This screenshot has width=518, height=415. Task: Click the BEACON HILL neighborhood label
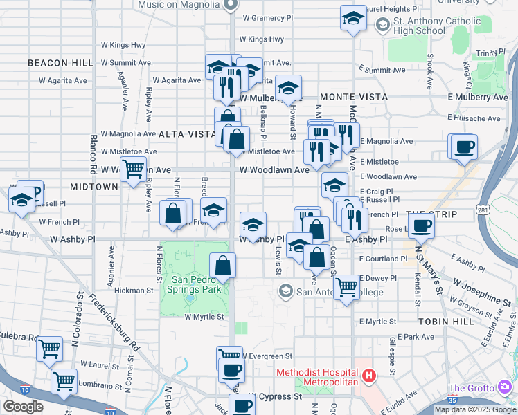[x=60, y=63]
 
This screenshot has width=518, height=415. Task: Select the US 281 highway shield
[x=483, y=208]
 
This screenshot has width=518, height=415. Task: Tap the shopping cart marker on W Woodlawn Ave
[x=133, y=168]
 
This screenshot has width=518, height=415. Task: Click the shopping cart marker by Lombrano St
[x=64, y=380]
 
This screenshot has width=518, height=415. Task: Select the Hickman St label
[x=133, y=291]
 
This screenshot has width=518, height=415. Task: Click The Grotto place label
[x=472, y=388]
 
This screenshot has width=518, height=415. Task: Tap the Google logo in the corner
[x=23, y=407]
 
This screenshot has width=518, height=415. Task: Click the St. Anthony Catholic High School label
[x=428, y=26]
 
